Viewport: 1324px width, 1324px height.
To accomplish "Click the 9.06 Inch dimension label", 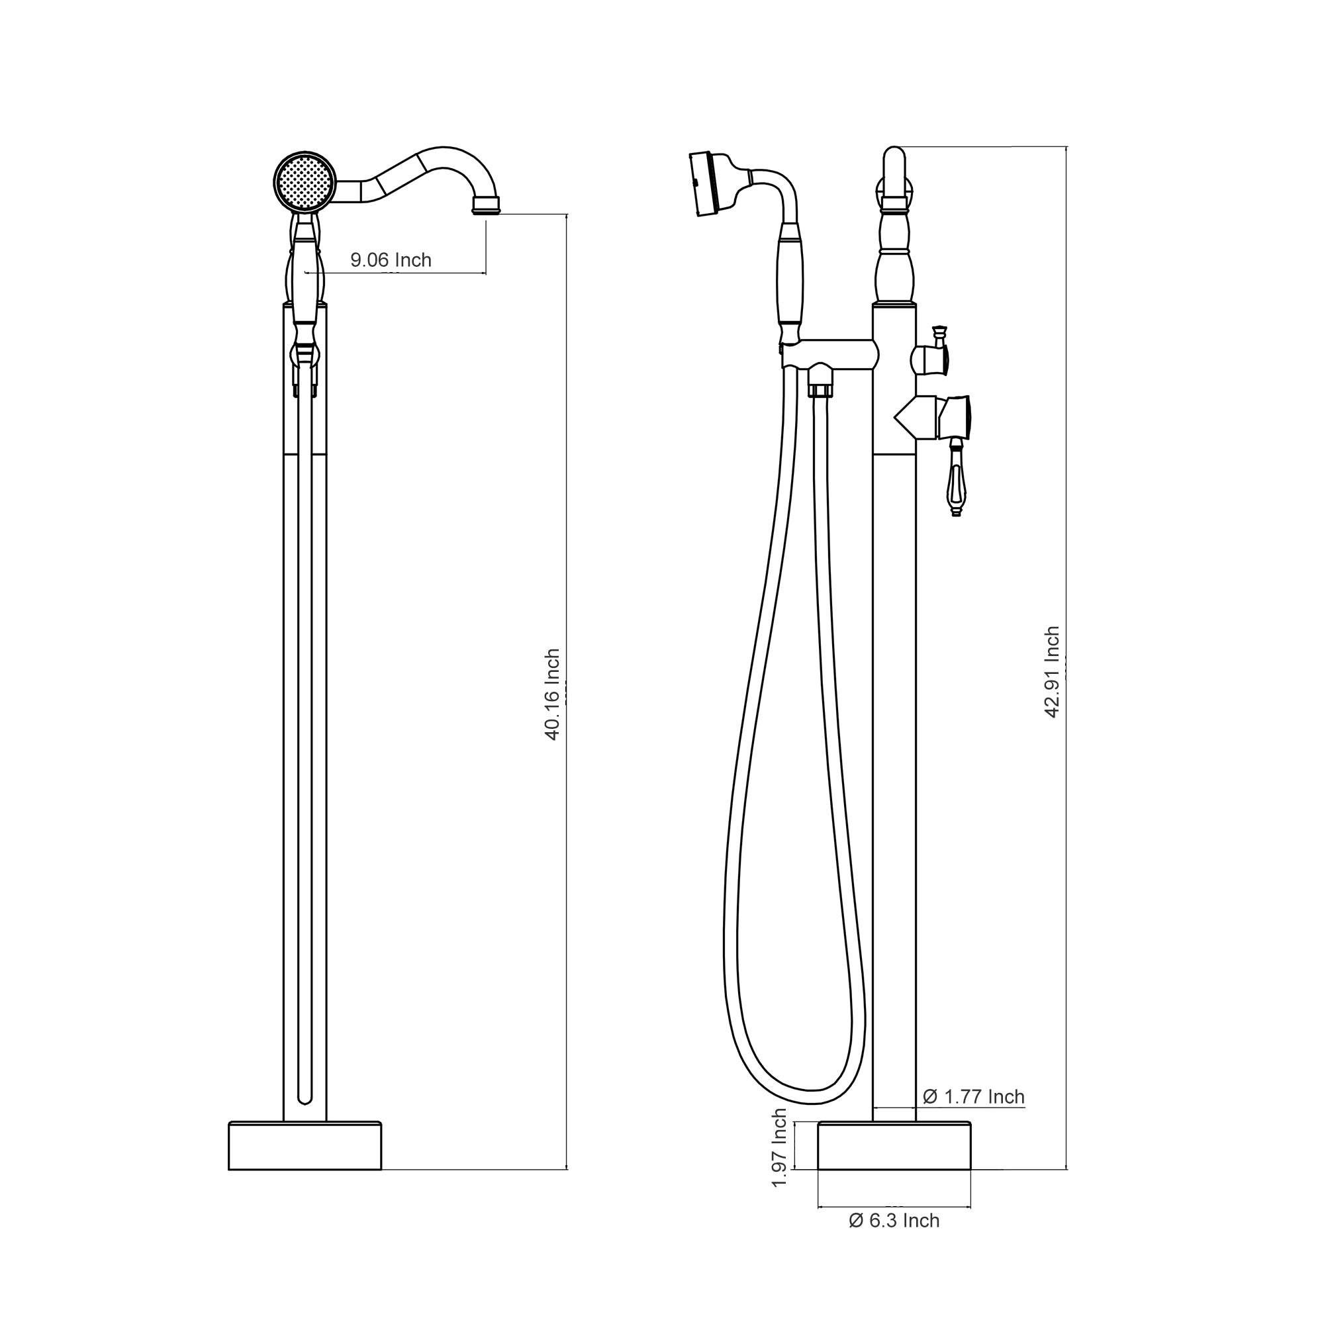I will click(x=391, y=260).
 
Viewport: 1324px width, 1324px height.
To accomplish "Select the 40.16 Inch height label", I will click(x=552, y=694).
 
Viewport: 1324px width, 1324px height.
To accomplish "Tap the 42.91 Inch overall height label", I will click(x=1052, y=671).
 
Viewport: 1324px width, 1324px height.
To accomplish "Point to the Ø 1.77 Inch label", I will click(x=973, y=1097).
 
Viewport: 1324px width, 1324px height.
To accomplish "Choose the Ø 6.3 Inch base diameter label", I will click(x=894, y=1221).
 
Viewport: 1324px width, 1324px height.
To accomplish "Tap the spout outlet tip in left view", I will click(x=486, y=206).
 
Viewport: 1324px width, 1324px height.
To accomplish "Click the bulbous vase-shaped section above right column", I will click(x=894, y=274).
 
